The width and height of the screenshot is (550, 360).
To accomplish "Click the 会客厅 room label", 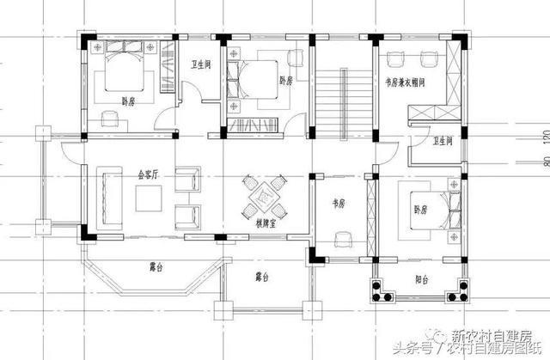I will click(x=149, y=174).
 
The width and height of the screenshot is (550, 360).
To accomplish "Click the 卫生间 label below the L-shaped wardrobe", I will click(x=443, y=141).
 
